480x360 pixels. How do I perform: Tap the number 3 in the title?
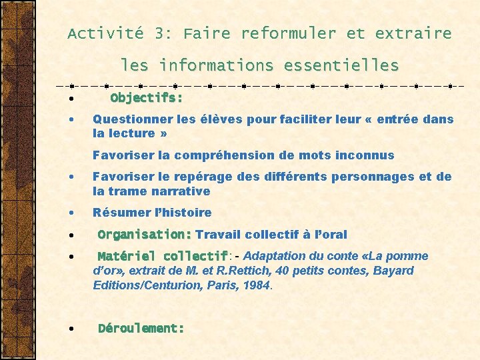coord(160,33)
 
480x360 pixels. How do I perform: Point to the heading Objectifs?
coord(147,98)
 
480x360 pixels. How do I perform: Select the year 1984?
coord(256,285)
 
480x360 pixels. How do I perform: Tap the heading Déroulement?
coord(141,328)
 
